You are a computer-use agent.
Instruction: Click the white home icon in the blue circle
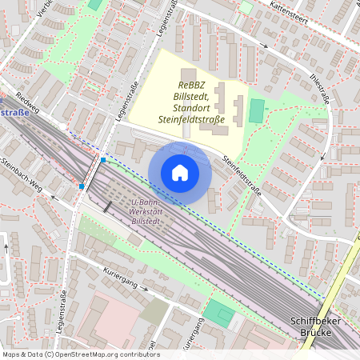(180, 173)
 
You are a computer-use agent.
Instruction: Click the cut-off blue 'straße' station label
(14, 113)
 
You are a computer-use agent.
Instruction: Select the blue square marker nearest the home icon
(102, 160)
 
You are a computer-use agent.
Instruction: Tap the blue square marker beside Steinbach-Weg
(82, 186)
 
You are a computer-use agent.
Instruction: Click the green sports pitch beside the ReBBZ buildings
(256, 110)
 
